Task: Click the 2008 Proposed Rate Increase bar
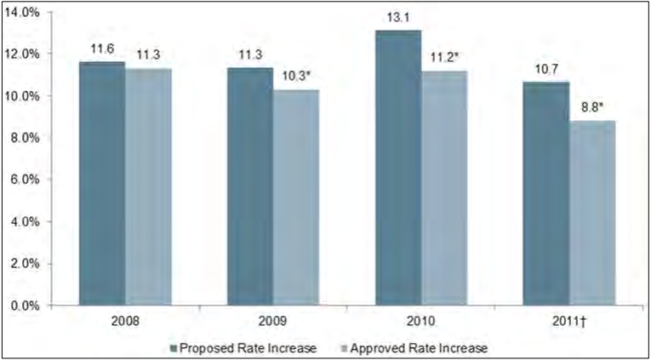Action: point(102,183)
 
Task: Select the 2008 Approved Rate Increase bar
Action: point(148,186)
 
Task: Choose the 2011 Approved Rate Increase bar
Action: point(592,212)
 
